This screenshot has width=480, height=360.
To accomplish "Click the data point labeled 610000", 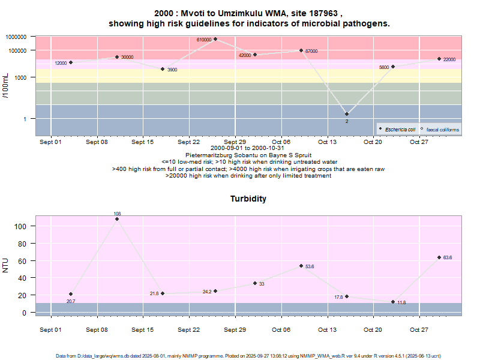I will (x=215, y=39).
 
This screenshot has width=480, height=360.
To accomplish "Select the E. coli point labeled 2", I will (x=347, y=114).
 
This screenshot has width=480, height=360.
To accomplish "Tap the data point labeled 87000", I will (x=301, y=50).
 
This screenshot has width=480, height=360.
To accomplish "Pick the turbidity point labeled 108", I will (x=117, y=219).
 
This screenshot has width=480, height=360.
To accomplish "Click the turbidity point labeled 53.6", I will (x=301, y=266).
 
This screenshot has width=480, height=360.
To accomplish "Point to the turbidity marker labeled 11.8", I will (x=393, y=302).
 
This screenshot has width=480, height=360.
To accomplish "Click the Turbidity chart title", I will (x=248, y=199).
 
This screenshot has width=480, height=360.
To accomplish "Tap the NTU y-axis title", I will (x=7, y=265).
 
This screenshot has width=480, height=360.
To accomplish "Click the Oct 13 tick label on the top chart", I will (x=327, y=142).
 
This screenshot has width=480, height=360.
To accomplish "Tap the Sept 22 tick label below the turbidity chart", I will (x=188, y=329).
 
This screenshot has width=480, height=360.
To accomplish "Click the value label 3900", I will (x=172, y=70).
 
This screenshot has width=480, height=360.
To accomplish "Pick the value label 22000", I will (x=449, y=59).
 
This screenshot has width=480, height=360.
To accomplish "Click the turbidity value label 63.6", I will (x=447, y=257).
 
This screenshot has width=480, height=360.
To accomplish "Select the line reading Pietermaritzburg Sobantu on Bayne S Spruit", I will (x=248, y=155).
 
